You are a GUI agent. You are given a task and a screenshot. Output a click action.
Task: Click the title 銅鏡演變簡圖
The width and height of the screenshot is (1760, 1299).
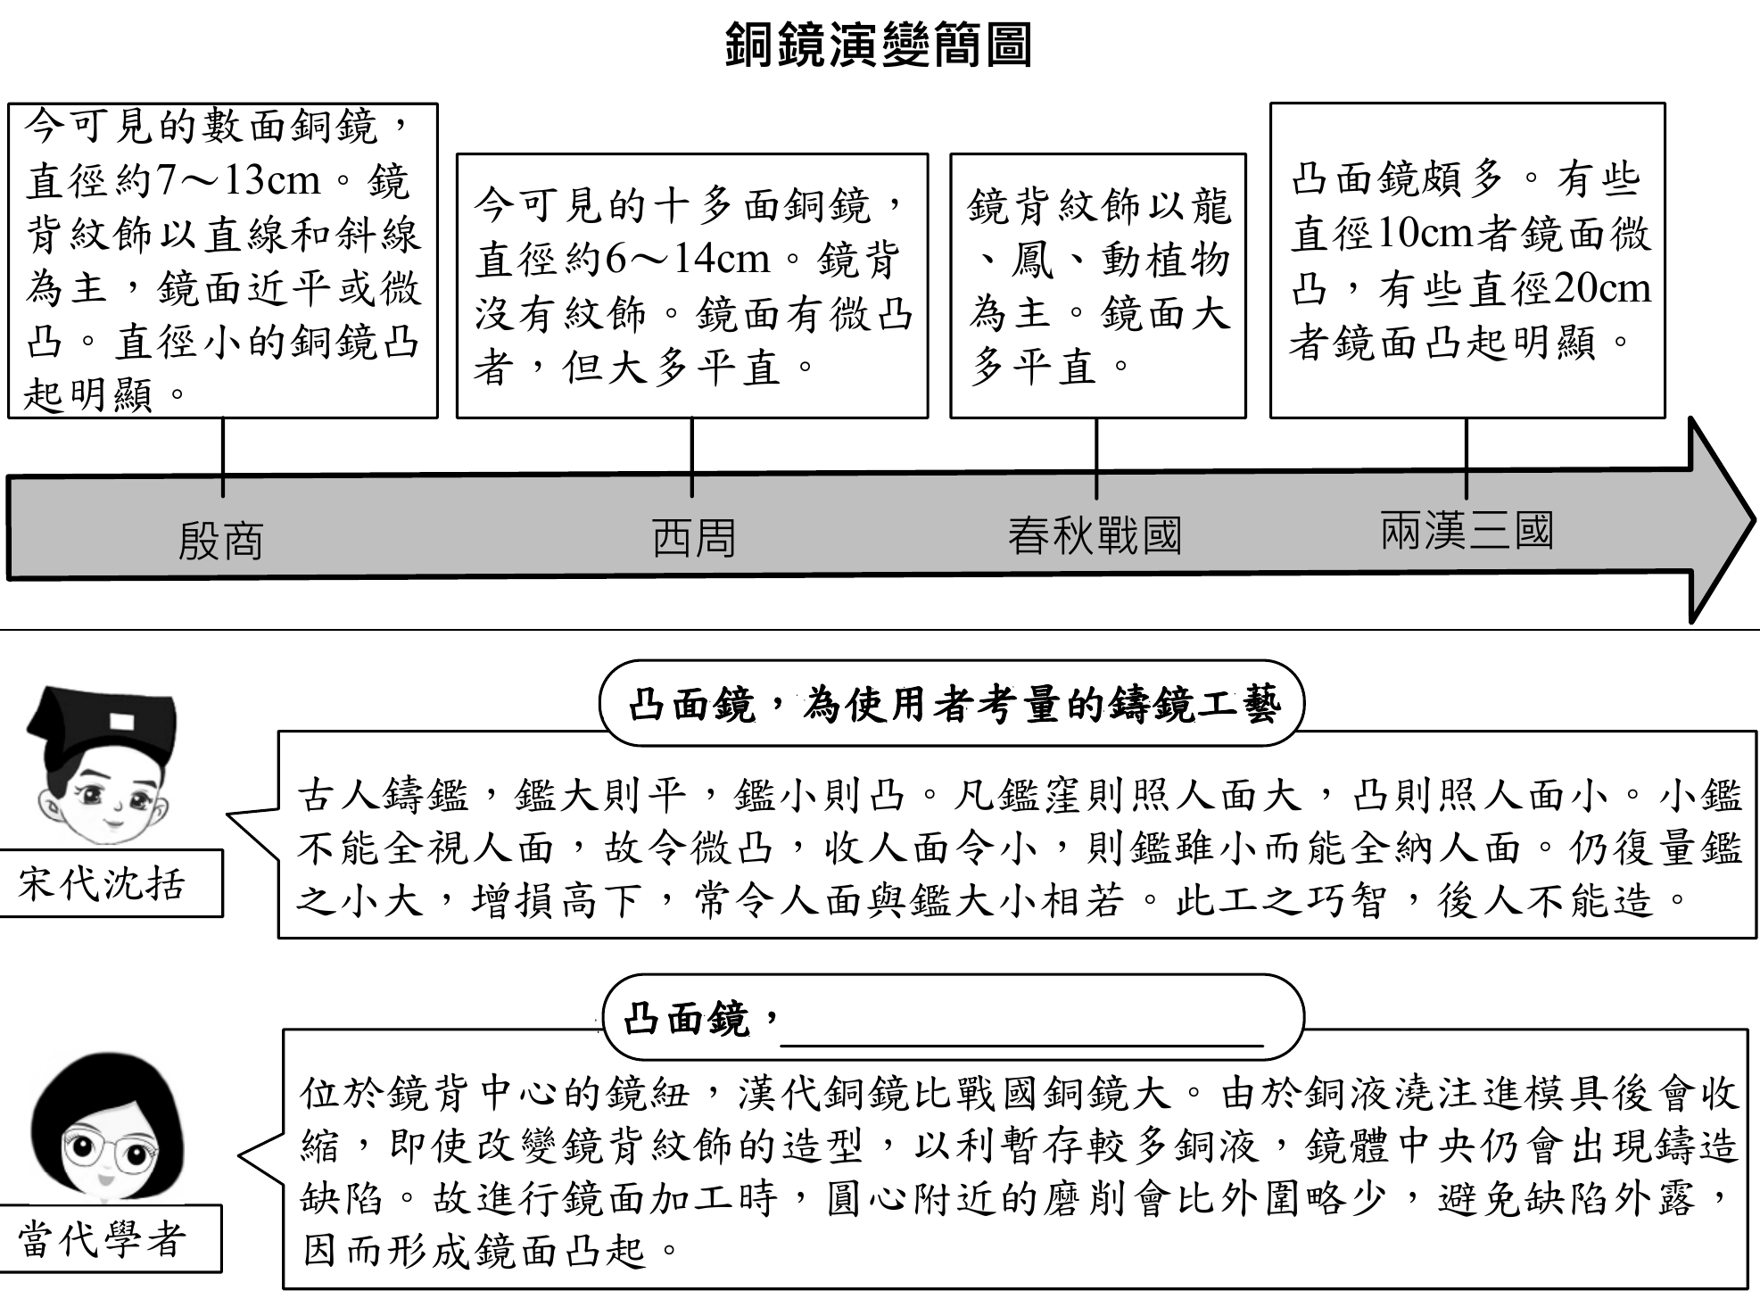pyautogui.click(x=879, y=45)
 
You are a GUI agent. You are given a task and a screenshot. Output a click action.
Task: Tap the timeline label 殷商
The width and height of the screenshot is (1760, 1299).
pyautogui.click(x=220, y=541)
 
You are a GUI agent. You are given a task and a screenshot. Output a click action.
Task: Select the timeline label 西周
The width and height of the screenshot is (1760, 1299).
pyautogui.click(x=693, y=539)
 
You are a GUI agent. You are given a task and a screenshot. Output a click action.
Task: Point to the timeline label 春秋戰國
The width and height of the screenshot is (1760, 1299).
pyautogui.click(x=1095, y=536)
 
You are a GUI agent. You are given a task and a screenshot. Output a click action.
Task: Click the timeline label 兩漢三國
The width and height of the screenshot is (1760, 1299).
pyautogui.click(x=1467, y=531)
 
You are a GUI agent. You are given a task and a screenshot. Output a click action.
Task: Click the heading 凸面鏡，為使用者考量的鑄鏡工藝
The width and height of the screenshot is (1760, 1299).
pyautogui.click(x=953, y=705)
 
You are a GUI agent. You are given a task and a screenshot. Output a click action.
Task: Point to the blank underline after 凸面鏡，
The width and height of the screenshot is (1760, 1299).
pyautogui.click(x=1021, y=1035)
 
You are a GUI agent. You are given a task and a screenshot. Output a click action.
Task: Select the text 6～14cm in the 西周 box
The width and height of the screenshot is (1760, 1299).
pyautogui.click(x=687, y=260)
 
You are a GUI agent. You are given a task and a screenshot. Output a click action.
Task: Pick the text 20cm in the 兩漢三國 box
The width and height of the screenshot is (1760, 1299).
pyautogui.click(x=1601, y=288)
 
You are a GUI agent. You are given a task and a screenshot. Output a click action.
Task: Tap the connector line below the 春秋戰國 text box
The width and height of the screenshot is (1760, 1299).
pyautogui.click(x=1096, y=457)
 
